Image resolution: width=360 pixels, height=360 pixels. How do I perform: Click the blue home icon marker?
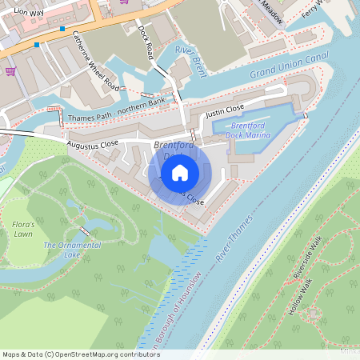pyautogui.click(x=180, y=172)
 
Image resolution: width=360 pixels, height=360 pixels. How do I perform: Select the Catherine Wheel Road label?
pyautogui.click(x=94, y=60)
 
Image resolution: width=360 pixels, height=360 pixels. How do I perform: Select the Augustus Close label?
pyautogui.click(x=92, y=145)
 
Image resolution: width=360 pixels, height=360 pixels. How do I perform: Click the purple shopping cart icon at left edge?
pyautogui.click(x=10, y=70)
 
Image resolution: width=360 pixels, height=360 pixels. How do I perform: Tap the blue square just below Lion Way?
pyautogui.click(x=63, y=29)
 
